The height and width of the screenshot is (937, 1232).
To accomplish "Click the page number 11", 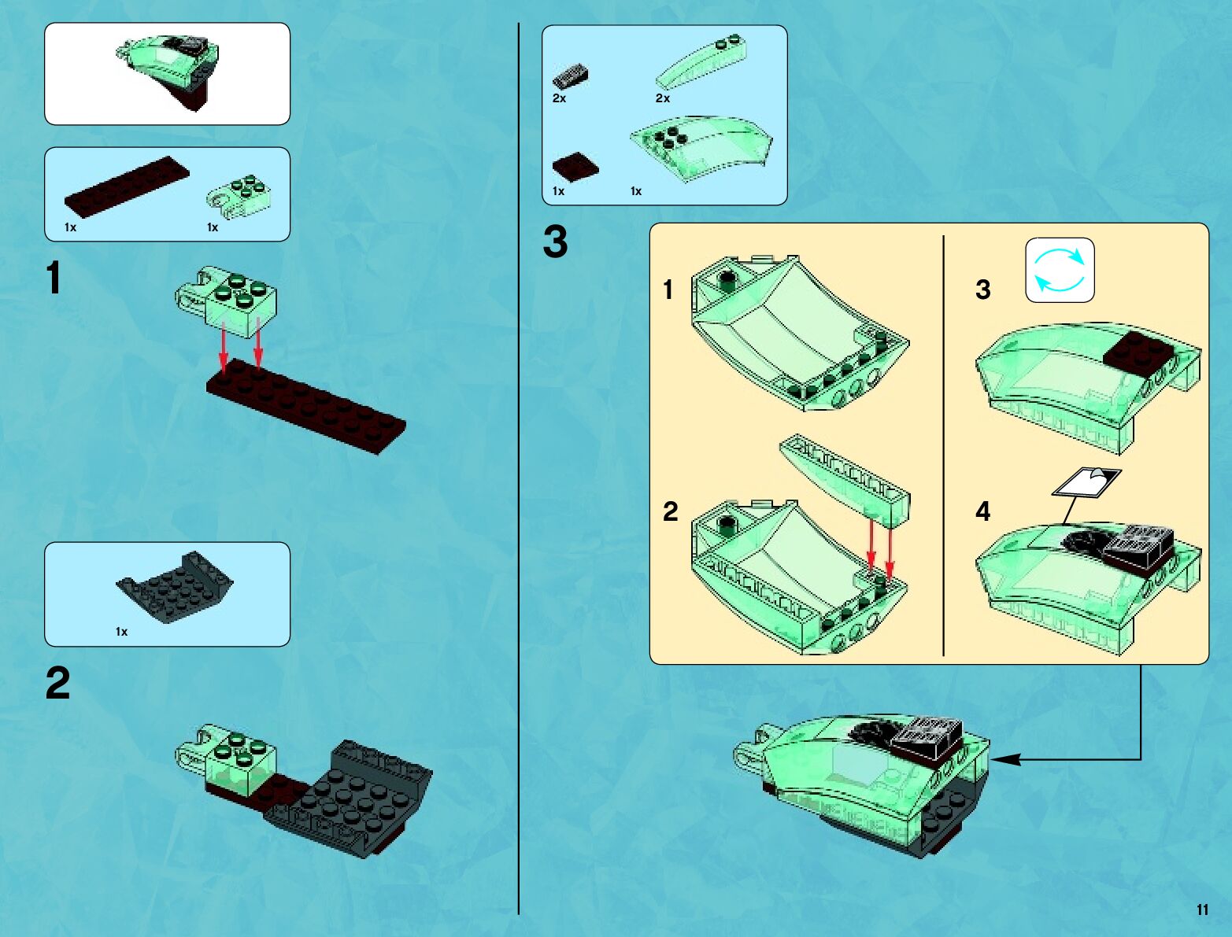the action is (x=1202, y=909).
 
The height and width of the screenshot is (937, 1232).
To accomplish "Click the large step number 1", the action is (x=54, y=278).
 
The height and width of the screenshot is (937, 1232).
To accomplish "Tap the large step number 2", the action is (x=57, y=682).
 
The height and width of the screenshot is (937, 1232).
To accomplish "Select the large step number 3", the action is (x=555, y=242).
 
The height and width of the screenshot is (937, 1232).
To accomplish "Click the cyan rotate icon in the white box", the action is (x=1060, y=271).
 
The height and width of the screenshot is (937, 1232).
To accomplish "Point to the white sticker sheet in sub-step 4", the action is (x=1086, y=482).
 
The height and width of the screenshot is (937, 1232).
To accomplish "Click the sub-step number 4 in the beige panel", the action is (x=982, y=511).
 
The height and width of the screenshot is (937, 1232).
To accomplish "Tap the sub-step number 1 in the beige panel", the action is (x=668, y=290).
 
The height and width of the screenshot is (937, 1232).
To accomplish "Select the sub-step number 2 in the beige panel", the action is (x=670, y=511).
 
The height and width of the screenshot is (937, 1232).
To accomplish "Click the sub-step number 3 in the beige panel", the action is (x=982, y=290).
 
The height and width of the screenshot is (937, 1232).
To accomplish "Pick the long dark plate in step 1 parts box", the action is (x=127, y=186).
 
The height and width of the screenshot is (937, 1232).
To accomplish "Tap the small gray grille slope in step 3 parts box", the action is (x=570, y=77).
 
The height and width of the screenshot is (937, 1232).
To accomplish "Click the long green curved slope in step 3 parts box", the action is (x=701, y=61).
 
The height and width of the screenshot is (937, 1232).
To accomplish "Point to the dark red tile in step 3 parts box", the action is (x=575, y=167).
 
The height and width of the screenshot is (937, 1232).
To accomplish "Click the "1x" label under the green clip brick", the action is (x=213, y=227).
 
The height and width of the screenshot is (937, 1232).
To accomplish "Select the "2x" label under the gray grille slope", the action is (x=559, y=98).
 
